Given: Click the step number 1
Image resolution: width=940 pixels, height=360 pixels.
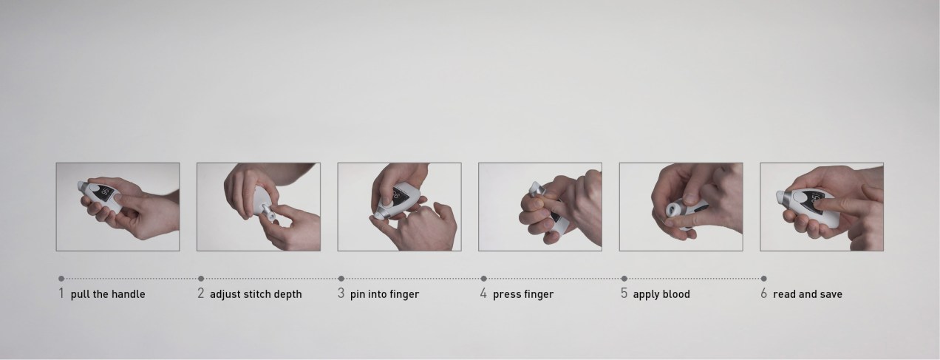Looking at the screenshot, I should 61,293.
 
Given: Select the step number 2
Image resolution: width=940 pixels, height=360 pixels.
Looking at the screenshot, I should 200,293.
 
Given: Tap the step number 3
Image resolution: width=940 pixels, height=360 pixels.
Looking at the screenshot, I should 341,293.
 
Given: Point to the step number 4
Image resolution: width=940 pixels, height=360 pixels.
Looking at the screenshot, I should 483,293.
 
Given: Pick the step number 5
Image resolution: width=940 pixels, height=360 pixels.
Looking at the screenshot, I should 624,293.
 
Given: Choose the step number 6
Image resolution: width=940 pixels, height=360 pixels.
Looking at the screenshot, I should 764,293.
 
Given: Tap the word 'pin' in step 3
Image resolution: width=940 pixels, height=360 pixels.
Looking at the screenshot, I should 358,294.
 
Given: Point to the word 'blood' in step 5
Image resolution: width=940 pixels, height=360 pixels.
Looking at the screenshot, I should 675,294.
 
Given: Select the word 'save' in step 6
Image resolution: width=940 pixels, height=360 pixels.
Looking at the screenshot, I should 830,294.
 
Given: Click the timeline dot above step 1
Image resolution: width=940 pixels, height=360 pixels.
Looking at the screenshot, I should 61,279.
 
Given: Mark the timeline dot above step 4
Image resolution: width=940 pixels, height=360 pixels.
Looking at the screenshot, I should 483,279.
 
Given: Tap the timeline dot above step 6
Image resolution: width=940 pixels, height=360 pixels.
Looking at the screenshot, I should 764,279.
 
